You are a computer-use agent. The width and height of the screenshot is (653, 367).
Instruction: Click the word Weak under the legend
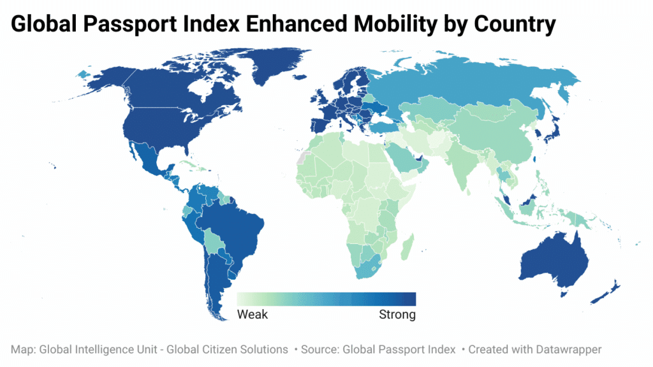coord(253,315)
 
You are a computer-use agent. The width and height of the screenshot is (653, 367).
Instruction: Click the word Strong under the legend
coord(397,315)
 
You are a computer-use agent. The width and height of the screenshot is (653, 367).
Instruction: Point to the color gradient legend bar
coord(326,299)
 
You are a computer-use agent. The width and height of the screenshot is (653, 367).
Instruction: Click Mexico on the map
coord(143,156)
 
